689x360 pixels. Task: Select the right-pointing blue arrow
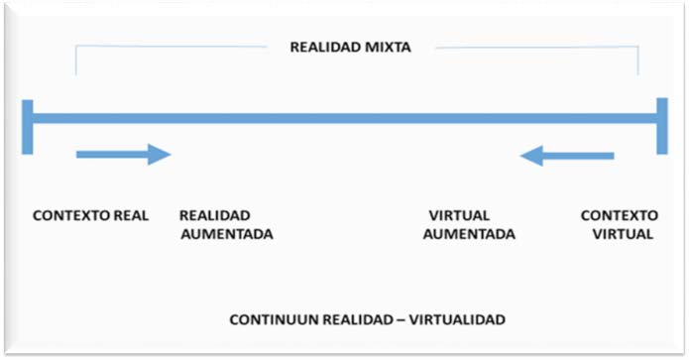tap(124, 154)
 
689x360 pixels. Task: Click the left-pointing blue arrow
tap(568, 155)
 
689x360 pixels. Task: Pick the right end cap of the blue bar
tap(661, 125)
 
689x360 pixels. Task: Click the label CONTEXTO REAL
tap(90, 216)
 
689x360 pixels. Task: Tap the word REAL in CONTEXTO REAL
tap(132, 216)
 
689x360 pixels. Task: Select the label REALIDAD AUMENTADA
tap(226, 225)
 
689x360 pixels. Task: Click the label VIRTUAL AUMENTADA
tap(468, 225)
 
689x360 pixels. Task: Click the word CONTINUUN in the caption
tap(271, 320)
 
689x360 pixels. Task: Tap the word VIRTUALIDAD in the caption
tap(458, 320)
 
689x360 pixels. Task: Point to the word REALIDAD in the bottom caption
tap(355, 320)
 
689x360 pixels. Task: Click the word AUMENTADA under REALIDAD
tap(226, 235)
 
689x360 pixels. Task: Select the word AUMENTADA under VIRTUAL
tap(468, 235)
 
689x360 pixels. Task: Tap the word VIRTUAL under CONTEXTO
tap(622, 235)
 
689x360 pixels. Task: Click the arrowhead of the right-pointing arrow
tap(159, 154)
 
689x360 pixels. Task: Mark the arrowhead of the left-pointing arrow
tap(532, 155)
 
